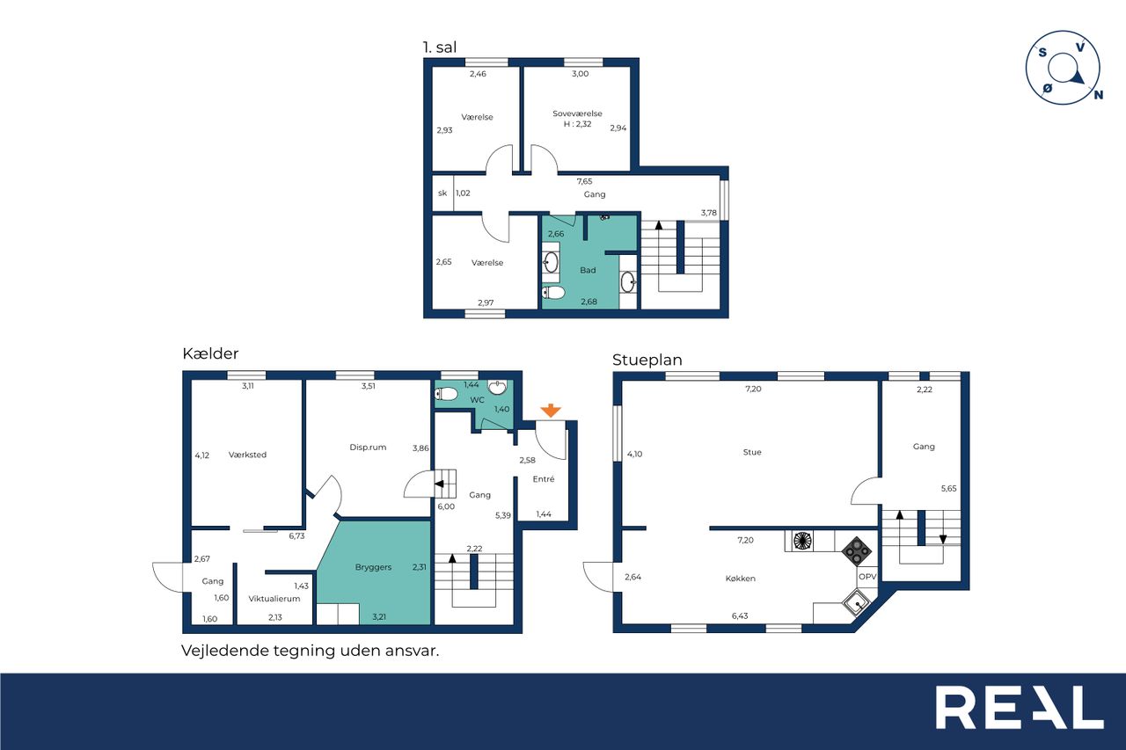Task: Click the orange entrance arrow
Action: pos(551,410)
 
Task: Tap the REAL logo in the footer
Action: pos(1020,707)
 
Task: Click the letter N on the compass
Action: pos(1099,94)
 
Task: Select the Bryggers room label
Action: pos(373,567)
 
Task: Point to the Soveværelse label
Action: pos(577,113)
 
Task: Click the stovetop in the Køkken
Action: pos(857,551)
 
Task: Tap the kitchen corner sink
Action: pos(856,603)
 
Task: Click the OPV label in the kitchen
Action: pos(867,577)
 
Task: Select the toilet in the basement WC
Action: pos(446,394)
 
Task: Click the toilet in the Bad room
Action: pos(553,293)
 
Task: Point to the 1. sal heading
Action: pos(440,47)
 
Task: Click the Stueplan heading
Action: pos(647,360)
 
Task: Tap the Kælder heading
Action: pos(210,353)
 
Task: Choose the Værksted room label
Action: pos(247,455)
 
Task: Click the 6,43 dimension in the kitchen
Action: pos(740,615)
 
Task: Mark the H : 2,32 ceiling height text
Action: pos(577,124)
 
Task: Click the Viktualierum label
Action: pos(274,599)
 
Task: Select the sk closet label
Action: pos(442,193)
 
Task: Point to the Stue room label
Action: pos(752,452)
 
